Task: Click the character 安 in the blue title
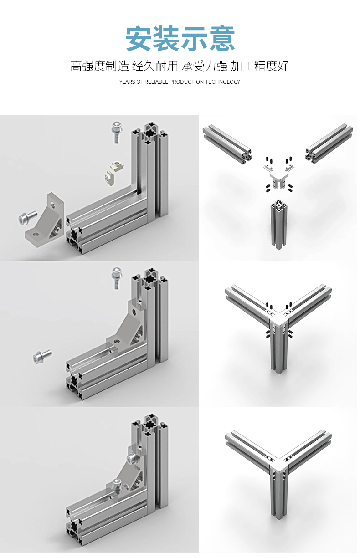pyautogui.click(x=139, y=38)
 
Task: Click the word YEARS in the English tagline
pyautogui.click(x=127, y=82)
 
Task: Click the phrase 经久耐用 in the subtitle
pyautogui.click(x=155, y=66)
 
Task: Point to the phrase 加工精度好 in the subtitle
pyautogui.click(x=260, y=66)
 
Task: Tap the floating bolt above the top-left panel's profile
pyautogui.click(x=117, y=132)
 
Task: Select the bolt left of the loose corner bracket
pyautogui.click(x=28, y=217)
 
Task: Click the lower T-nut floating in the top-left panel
pyautogui.click(x=109, y=177)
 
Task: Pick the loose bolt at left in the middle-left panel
pyautogui.click(x=42, y=356)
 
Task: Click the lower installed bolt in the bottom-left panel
pyautogui.click(x=117, y=486)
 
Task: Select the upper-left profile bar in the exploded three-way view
pyautogui.click(x=227, y=143)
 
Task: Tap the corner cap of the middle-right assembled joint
pyautogui.click(x=279, y=321)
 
